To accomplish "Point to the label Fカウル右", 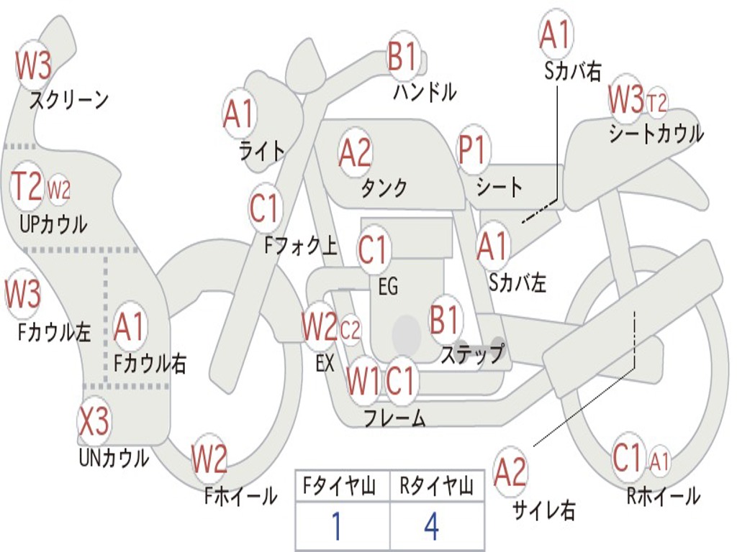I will pyautogui.click(x=150, y=364).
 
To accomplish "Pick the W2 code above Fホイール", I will pyautogui.click(x=209, y=459).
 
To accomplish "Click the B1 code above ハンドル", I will pyautogui.click(x=403, y=56).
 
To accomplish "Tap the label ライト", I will pyautogui.click(x=262, y=150).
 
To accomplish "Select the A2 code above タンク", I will pyautogui.click(x=355, y=152).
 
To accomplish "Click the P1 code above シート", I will pyautogui.click(x=473, y=152).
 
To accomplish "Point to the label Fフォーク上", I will pyautogui.click(x=300, y=247).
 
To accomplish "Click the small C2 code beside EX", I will pyautogui.click(x=350, y=331).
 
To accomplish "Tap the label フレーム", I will pyautogui.click(x=394, y=418).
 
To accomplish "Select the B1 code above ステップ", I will pyautogui.click(x=446, y=320).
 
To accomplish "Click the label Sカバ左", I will pyautogui.click(x=517, y=283).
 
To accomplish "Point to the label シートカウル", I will pyautogui.click(x=656, y=134).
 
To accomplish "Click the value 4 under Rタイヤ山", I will pyautogui.click(x=431, y=527).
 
